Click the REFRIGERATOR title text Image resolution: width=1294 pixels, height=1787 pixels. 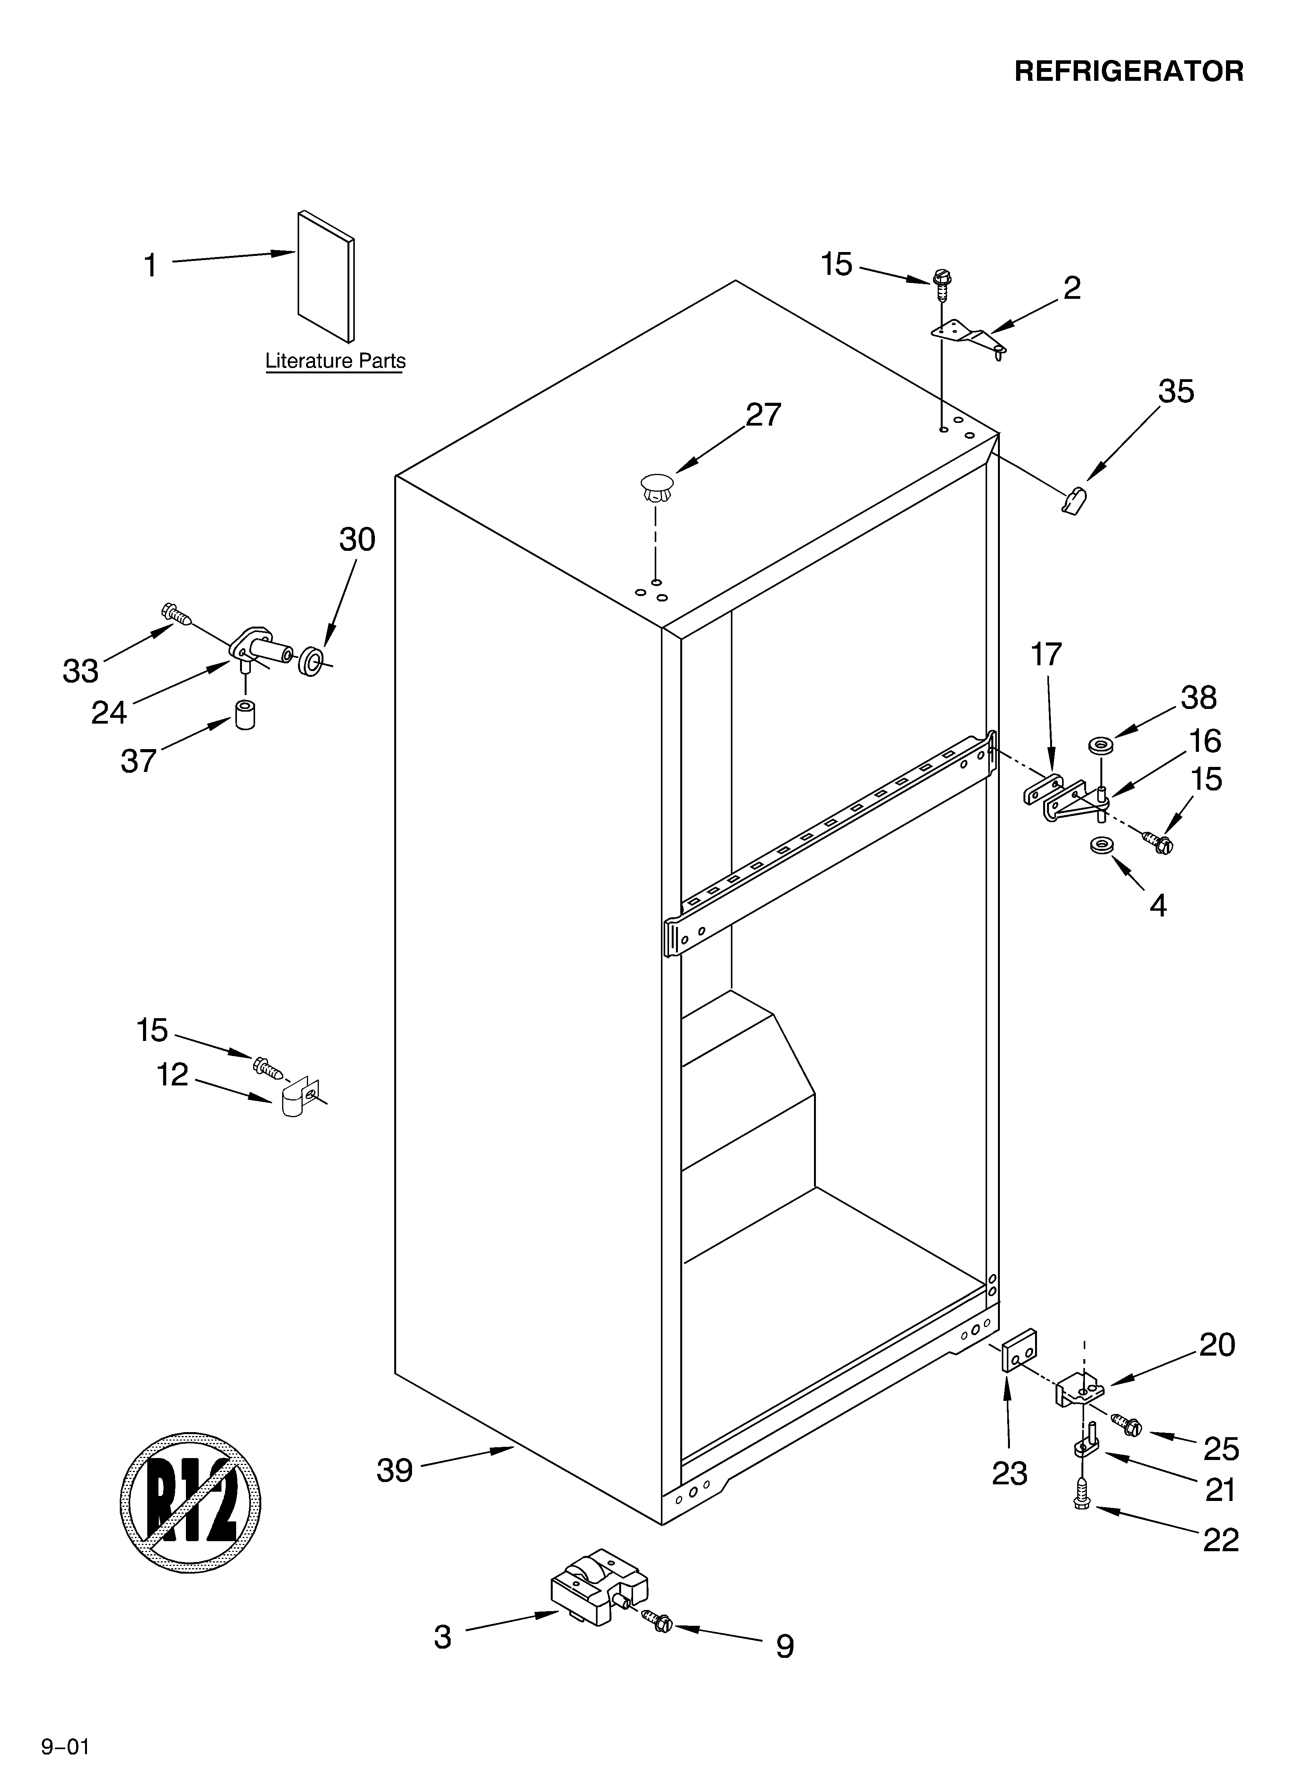coord(1129,72)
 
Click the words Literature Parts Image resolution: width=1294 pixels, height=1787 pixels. coord(335,362)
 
